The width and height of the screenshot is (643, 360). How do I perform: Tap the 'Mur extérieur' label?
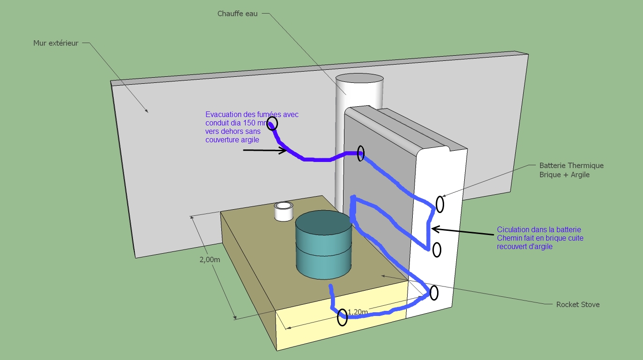pyautogui.click(x=56, y=43)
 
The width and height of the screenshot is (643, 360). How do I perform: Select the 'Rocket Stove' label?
pyautogui.click(x=577, y=304)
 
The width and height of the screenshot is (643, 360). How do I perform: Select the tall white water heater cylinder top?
pyautogui.click(x=360, y=83)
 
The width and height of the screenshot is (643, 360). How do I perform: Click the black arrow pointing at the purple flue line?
pyautogui.click(x=265, y=150)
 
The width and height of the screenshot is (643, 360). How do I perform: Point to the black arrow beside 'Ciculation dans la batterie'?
pyautogui.click(x=461, y=229)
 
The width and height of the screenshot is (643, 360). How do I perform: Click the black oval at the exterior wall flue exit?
pyautogui.click(x=272, y=124)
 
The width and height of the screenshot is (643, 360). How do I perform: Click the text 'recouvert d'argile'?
pyautogui.click(x=524, y=247)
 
